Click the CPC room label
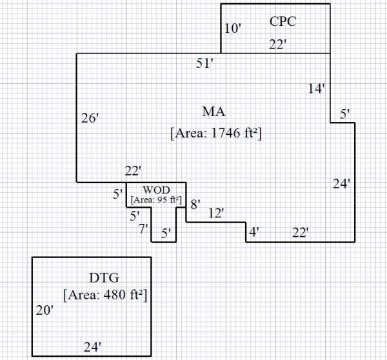click(283, 21)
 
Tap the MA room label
click(213, 111)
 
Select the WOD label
click(157, 190)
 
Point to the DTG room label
click(103, 278)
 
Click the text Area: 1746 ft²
click(215, 133)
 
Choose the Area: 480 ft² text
click(106, 295)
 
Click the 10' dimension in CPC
click(232, 28)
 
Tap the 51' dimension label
click(205, 63)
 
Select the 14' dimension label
click(316, 89)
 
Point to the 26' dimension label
click(90, 119)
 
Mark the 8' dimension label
click(195, 205)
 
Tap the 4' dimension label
click(254, 231)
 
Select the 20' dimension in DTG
click(44, 311)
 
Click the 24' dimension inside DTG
click(93, 347)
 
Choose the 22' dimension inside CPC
click(278, 44)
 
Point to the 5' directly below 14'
click(345, 114)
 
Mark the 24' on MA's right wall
click(341, 184)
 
